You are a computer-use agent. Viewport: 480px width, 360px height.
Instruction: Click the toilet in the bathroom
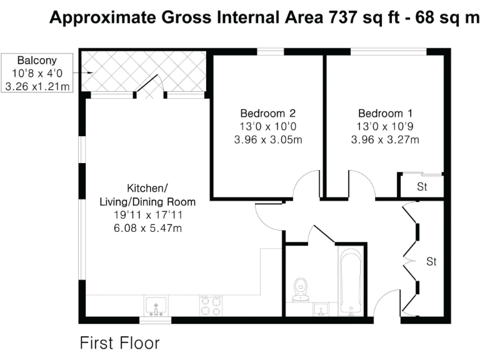301,288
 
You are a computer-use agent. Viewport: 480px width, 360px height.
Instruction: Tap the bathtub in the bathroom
351,281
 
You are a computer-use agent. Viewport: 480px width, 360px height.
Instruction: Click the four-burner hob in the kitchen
211,306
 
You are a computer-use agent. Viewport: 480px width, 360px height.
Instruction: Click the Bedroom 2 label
267,114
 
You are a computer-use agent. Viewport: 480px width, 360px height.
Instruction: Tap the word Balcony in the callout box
37,61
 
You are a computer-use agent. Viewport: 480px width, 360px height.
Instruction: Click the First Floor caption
119,343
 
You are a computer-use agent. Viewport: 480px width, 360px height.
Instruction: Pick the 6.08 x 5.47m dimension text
147,228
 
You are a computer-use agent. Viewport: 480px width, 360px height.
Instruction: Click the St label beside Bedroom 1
422,187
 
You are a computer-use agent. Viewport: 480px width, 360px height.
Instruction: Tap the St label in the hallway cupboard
431,261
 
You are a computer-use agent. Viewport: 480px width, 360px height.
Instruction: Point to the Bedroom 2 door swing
307,186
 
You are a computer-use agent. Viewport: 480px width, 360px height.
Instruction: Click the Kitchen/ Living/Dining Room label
147,195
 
